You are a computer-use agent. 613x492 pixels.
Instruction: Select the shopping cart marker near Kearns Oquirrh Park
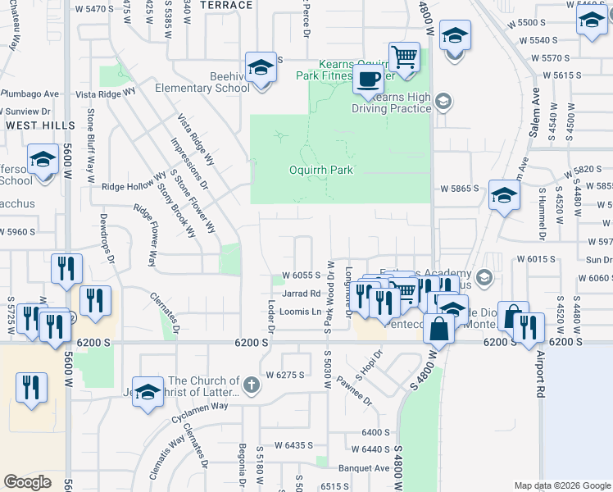(x=404, y=57)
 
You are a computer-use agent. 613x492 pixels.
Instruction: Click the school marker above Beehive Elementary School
(x=261, y=67)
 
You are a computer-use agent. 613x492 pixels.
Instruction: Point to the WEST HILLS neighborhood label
(x=40, y=125)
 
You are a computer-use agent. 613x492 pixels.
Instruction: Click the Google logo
(x=27, y=482)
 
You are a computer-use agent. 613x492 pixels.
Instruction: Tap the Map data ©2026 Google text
(x=562, y=485)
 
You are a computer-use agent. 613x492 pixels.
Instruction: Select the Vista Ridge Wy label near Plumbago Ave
(x=104, y=94)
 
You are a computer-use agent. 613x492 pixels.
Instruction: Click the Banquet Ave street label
(x=356, y=469)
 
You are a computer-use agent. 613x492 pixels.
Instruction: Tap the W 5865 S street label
(x=459, y=189)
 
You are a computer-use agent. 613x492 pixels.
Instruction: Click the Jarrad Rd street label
(x=301, y=293)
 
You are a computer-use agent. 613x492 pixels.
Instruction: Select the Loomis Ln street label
(x=300, y=312)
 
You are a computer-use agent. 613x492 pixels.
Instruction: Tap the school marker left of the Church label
(x=148, y=391)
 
